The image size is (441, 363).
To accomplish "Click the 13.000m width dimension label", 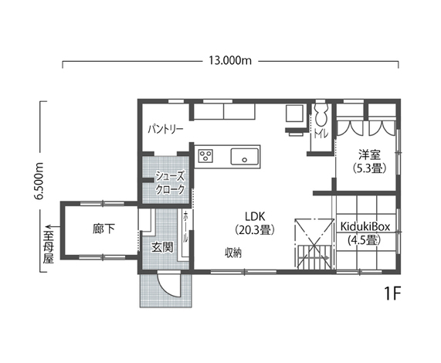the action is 230,60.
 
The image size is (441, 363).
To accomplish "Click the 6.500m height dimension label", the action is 39,181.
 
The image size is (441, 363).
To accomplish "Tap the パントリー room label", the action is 165,129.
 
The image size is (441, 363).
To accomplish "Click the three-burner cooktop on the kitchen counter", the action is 205,156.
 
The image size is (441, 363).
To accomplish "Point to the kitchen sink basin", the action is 244,156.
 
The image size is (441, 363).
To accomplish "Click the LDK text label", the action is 255,216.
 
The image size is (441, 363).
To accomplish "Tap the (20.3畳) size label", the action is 255,229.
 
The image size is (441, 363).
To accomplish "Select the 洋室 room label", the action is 369,155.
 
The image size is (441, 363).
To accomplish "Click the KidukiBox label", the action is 365,226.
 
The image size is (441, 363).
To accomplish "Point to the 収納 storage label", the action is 233,253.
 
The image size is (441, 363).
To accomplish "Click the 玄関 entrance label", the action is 162,247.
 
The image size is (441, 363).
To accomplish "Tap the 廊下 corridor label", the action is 103,229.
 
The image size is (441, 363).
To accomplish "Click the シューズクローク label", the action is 170,183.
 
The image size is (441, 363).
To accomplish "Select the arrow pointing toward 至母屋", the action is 53,226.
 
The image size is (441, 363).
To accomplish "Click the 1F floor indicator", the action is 392,293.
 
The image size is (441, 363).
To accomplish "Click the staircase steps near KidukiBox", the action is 314,256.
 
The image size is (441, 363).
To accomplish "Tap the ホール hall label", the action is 185,227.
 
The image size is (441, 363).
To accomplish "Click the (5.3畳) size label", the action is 369,168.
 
